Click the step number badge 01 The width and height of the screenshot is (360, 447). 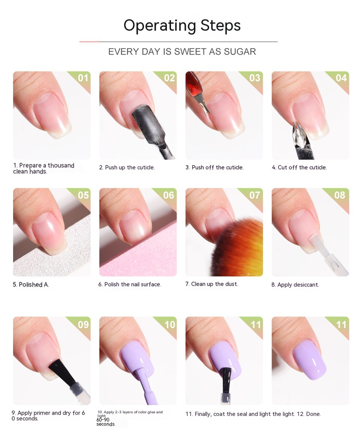pyautogui.click(x=83, y=78)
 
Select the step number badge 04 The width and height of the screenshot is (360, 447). pyautogui.click(x=341, y=78)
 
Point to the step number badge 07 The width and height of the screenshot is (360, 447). pyautogui.click(x=255, y=195)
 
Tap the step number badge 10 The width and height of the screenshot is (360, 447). pyautogui.click(x=170, y=324)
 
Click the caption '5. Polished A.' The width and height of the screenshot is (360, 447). pyautogui.click(x=31, y=285)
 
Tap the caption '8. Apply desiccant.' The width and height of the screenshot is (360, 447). pyautogui.click(x=295, y=285)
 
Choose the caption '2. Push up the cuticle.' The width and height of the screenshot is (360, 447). pyautogui.click(x=127, y=167)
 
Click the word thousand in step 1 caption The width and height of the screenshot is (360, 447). pyautogui.click(x=61, y=165)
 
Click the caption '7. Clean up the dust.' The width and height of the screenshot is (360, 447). pyautogui.click(x=211, y=284)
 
